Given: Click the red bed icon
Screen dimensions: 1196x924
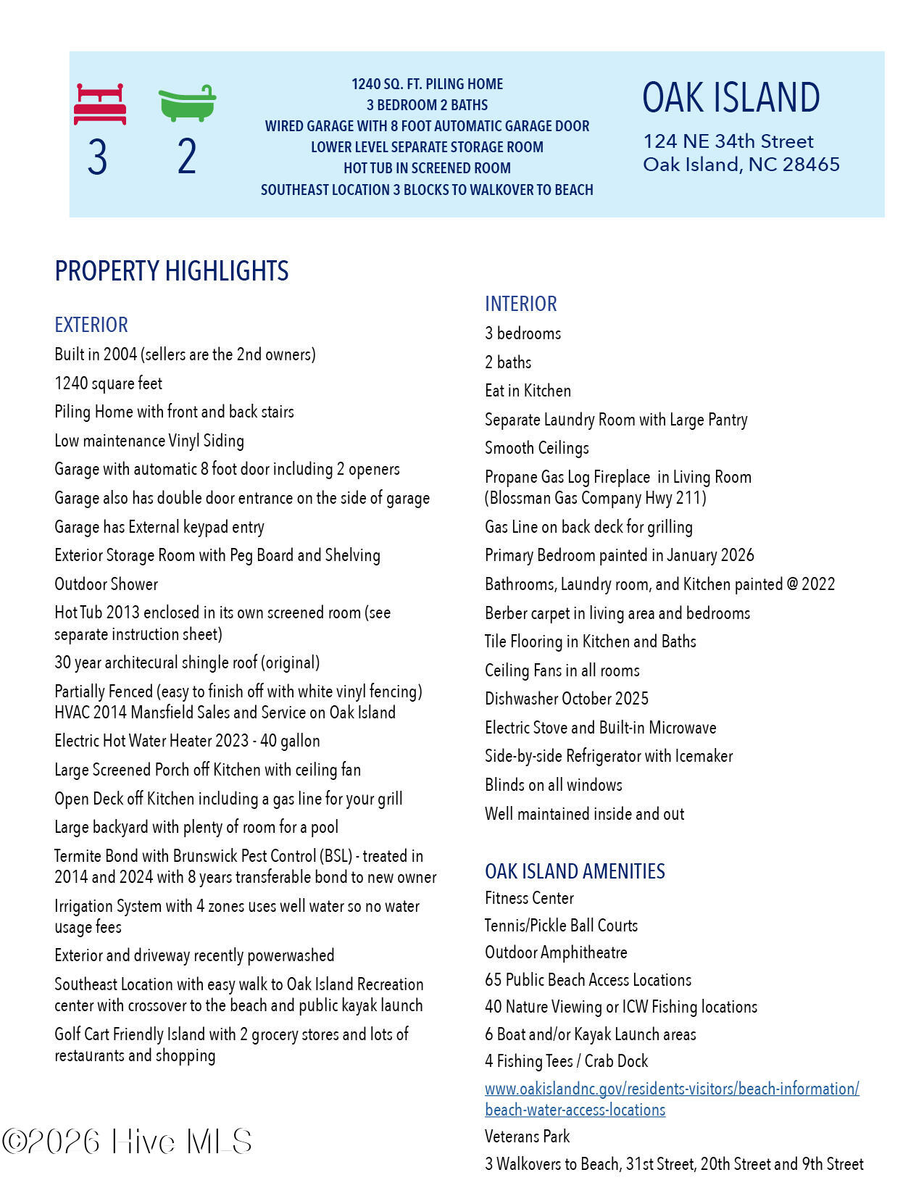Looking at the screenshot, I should coord(100,104).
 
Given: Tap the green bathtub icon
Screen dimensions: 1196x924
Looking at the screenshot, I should coord(187,104).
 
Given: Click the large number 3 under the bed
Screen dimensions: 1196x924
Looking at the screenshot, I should coord(97,157).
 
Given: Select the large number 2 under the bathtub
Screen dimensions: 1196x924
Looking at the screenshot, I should coord(187,157).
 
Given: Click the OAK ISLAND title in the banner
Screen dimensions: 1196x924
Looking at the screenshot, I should coord(731,98).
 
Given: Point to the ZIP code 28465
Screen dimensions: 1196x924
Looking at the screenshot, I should coord(811,165).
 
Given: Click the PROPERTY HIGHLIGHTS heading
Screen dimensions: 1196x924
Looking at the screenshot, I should coord(172,271).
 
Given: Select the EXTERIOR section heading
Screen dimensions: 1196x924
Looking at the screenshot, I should coord(91,325).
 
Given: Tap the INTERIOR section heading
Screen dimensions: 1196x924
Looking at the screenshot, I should coord(520,304).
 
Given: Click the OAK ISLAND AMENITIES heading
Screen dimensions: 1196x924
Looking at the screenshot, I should coord(575,871).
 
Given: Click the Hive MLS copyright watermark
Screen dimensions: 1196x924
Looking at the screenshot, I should coord(128,1142).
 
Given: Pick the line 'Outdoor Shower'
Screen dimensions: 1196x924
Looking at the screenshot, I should coord(106,584).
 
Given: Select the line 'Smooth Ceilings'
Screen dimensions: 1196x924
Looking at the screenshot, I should coord(536,448).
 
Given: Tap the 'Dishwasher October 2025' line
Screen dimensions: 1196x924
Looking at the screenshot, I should coord(566,699).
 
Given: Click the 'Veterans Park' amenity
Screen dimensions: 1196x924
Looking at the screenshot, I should coord(527,1137).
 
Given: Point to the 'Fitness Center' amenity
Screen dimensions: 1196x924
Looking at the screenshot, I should coord(529,898).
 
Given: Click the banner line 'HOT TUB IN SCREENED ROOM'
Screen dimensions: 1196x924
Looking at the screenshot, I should coord(427,168).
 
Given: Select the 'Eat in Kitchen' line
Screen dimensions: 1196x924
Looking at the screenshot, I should coord(528,391).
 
